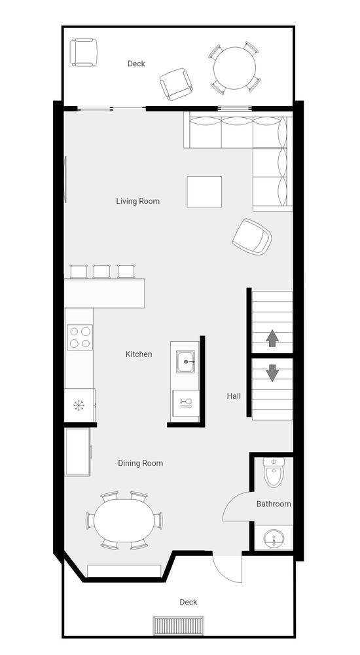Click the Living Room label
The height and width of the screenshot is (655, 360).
coord(138,201)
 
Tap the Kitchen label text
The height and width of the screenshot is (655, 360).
coord(139,354)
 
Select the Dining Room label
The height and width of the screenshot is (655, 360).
coord(140,463)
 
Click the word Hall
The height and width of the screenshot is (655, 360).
coord(234,396)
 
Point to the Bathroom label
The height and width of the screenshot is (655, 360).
coord(274,504)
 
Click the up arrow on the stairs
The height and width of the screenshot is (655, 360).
coord(272,338)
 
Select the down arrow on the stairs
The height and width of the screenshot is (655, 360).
coord(272,373)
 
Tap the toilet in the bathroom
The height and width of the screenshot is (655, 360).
coord(274,472)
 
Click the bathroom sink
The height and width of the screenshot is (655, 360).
coord(274,537)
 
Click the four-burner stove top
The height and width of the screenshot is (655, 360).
coord(80,337)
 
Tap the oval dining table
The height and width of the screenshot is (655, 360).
coord(124,521)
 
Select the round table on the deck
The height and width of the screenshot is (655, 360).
coord(234,67)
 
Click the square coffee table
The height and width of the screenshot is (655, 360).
coord(204,192)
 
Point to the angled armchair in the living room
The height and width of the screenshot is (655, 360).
coord(252,237)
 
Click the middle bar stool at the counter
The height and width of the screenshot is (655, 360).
coord(102,271)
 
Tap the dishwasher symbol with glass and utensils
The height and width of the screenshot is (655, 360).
coord(186,403)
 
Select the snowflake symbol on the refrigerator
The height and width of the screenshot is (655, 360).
coord(79,405)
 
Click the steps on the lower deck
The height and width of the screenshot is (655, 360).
coord(179,626)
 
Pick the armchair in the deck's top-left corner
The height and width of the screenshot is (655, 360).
coord(84,52)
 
